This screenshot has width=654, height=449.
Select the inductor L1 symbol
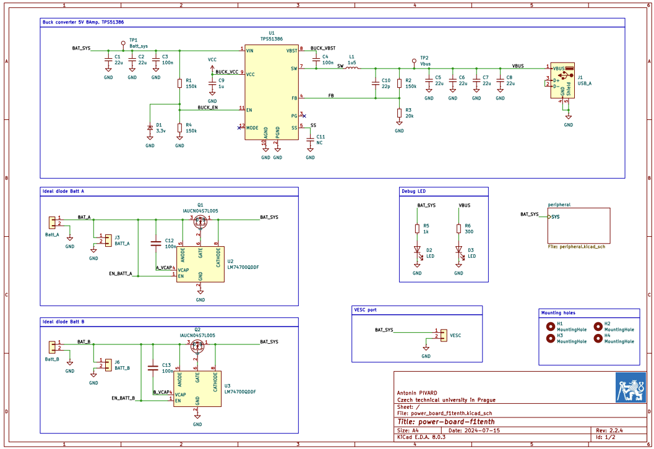coord(351,69)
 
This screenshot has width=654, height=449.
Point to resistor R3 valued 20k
coord(399,113)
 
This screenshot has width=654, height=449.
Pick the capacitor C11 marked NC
coord(310,139)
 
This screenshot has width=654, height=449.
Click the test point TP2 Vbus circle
coord(414,61)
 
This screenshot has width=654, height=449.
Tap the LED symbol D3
coord(458,250)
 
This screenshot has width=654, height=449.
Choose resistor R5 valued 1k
coord(417,229)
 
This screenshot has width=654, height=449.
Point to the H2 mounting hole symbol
coord(598,326)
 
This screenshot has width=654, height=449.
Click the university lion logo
coord(630,388)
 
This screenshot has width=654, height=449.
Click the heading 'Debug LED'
coord(414,192)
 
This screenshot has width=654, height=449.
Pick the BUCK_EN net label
coord(207,108)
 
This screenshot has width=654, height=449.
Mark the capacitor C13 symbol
coord(153,367)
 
